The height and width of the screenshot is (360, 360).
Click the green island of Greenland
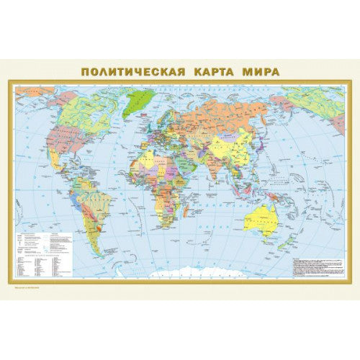coord(139,102)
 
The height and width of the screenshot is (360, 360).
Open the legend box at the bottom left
coord(44,253)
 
